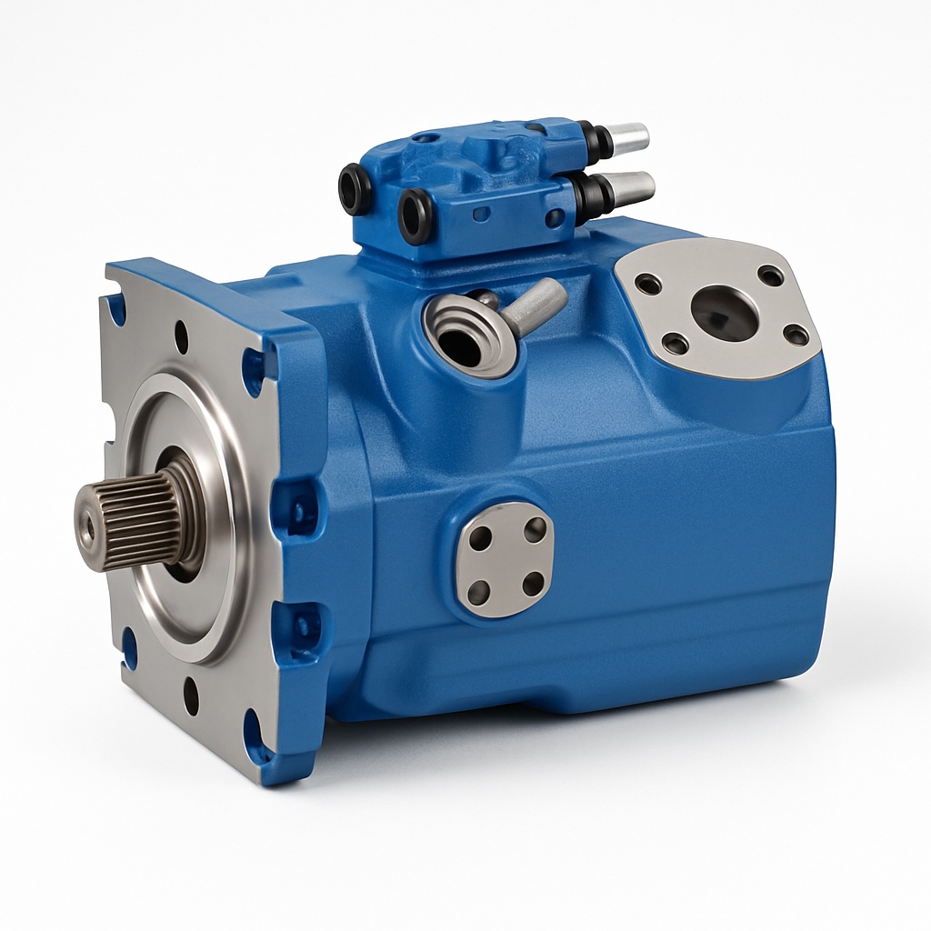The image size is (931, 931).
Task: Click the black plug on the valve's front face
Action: (x=415, y=215)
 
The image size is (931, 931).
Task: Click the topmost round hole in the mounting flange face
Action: (x=181, y=337)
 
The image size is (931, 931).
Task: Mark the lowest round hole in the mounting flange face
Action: (x=191, y=696)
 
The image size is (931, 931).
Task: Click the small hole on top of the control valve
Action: (x=425, y=138)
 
